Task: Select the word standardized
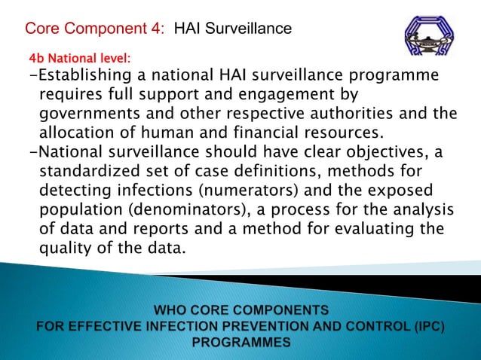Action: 92,170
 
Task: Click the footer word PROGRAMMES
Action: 241,342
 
